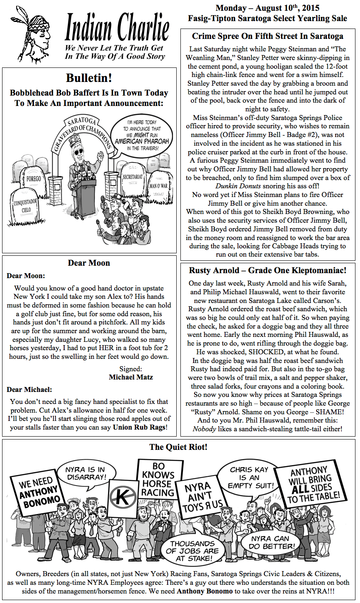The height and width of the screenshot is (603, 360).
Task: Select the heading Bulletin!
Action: tap(89, 78)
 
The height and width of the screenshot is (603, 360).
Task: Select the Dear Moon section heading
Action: tap(89, 263)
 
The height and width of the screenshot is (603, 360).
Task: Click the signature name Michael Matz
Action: tap(131, 377)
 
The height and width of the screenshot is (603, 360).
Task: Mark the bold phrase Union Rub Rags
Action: tap(139, 427)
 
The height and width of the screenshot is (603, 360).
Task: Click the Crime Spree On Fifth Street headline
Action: tap(268, 36)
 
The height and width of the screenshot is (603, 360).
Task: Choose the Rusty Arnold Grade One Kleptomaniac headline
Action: tap(268, 270)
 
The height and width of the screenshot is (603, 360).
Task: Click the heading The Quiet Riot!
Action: tap(178, 447)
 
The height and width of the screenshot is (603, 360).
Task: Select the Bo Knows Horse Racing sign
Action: tap(158, 479)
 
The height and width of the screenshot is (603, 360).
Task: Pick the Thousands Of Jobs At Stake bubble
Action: tap(193, 550)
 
